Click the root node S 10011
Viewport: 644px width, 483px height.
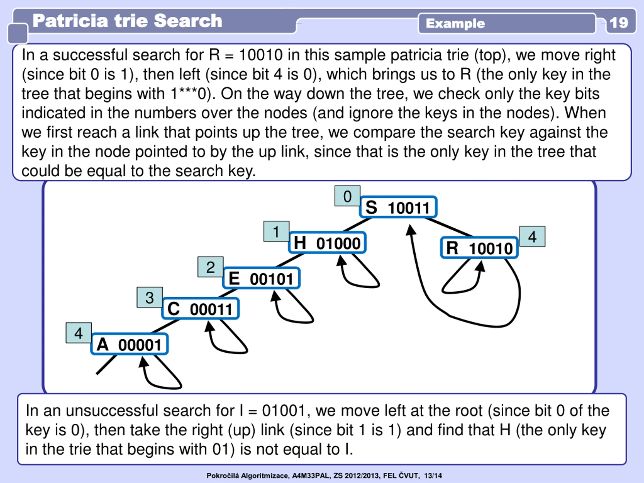[398, 207]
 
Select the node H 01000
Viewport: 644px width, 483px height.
[327, 243]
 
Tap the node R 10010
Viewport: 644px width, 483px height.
[479, 248]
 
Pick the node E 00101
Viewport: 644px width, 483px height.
[261, 278]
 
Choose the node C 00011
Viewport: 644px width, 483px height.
[200, 309]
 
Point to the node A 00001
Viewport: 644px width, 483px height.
[129, 344]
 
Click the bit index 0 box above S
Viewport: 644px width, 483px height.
[347, 196]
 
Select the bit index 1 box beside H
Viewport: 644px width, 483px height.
[276, 231]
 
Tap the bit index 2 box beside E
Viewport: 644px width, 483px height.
[211, 267]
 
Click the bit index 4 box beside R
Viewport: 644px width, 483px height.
[532, 236]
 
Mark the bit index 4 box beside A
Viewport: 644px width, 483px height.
[78, 333]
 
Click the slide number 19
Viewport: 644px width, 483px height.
[619, 23]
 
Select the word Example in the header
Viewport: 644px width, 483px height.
[455, 23]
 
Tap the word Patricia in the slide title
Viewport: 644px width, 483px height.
[70, 21]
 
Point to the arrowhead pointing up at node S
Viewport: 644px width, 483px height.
[411, 230]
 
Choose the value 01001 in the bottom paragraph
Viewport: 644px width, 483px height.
[284, 411]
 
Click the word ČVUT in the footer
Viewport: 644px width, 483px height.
[409, 475]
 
